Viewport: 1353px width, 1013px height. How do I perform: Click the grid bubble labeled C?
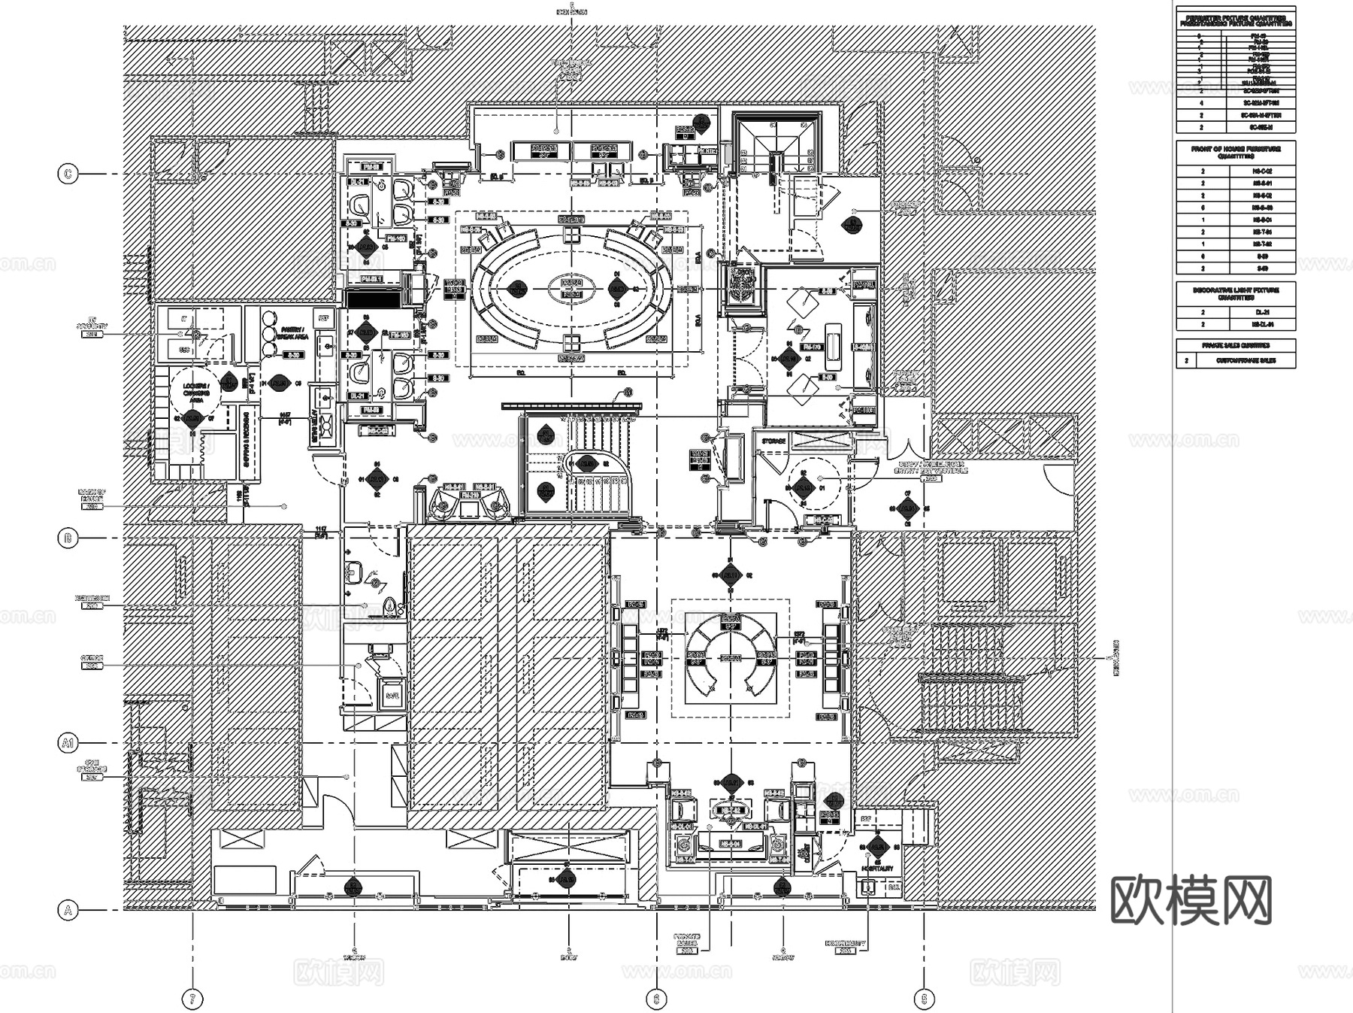tap(68, 174)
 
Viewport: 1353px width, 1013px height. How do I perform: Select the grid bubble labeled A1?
tap(68, 744)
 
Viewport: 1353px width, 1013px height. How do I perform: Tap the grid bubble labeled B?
tap(68, 538)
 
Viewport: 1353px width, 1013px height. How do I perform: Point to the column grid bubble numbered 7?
tap(192, 999)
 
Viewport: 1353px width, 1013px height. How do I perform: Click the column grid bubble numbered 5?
tap(924, 999)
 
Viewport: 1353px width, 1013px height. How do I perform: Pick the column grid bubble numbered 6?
tap(656, 999)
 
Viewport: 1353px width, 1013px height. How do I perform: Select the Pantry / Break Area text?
tap(289, 334)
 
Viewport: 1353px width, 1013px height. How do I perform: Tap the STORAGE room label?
tap(773, 441)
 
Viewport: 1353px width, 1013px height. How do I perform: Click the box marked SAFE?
tap(392, 696)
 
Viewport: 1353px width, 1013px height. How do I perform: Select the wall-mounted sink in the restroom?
tap(354, 575)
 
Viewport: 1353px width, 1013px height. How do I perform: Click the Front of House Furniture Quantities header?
tap(1235, 153)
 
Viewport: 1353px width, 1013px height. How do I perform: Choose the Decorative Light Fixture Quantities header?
tap(1235, 293)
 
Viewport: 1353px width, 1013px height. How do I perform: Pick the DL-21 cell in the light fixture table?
tap(1262, 312)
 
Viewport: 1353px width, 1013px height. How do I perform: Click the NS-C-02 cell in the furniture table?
tap(1262, 171)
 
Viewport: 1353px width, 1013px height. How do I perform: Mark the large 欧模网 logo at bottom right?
tap(1191, 900)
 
